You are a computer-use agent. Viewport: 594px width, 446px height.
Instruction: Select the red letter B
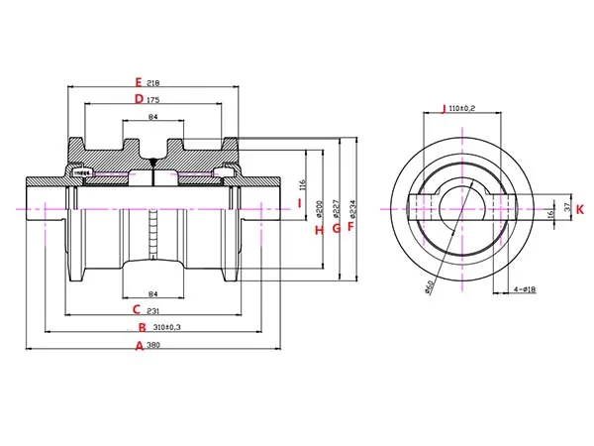[x=142, y=327]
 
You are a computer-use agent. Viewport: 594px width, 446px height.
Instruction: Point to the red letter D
[x=139, y=99]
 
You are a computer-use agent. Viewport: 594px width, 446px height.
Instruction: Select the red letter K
[x=580, y=209]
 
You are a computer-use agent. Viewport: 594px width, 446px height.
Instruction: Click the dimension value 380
[x=153, y=345]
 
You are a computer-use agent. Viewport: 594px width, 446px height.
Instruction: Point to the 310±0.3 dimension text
[x=162, y=327]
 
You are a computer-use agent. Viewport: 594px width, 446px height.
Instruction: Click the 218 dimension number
[x=153, y=82]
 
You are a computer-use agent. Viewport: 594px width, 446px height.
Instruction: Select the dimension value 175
[x=153, y=100]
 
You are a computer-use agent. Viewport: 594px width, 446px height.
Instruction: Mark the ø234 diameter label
[x=353, y=208]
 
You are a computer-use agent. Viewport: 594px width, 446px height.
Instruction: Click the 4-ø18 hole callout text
[x=527, y=288]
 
